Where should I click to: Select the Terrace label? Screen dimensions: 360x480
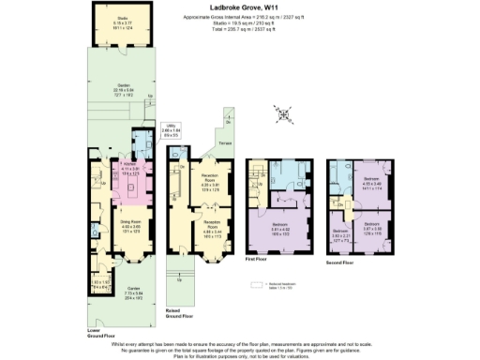tap(224, 142)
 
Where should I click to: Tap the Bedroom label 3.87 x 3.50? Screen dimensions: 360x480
tap(372, 229)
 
